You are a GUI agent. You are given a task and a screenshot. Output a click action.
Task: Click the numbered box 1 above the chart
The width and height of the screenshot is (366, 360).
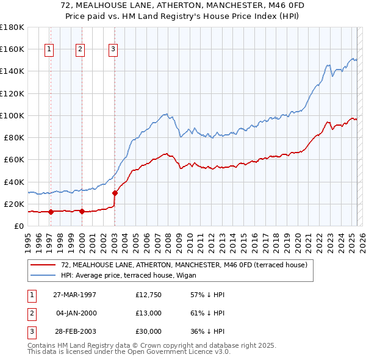[x=49, y=50]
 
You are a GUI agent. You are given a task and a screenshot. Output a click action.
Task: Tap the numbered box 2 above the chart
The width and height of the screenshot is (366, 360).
[x=81, y=50]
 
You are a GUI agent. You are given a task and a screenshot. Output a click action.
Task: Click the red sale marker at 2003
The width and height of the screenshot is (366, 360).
[x=115, y=193]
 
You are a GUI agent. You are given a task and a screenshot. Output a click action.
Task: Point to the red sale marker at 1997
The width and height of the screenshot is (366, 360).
[x=51, y=212]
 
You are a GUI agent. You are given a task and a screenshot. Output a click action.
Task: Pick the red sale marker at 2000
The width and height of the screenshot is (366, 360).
[x=81, y=212]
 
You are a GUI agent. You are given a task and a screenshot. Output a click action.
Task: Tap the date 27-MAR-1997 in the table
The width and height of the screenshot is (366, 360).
[x=74, y=295]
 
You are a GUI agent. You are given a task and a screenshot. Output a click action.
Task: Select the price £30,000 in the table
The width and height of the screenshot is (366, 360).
[x=149, y=331]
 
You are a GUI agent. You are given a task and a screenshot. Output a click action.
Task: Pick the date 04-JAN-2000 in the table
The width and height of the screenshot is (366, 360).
[x=76, y=313]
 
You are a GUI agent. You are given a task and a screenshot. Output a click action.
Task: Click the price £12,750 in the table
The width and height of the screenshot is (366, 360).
[x=149, y=295]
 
